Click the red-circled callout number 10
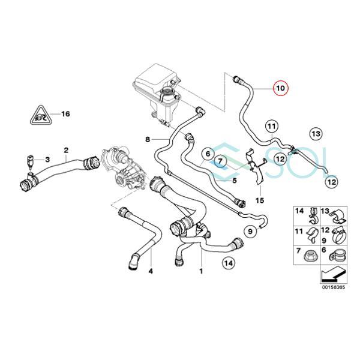tap(281, 88)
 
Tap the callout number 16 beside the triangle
tap(65, 114)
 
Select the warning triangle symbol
tap(41, 115)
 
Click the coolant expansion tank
tap(157, 92)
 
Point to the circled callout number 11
tap(272, 126)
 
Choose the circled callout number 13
tap(316, 134)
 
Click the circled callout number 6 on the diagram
tap(208, 154)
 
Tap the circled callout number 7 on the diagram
tap(220, 161)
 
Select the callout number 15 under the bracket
tap(260, 200)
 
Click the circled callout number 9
tap(250, 232)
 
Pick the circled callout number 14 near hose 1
tap(229, 263)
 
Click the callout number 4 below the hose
tap(151, 271)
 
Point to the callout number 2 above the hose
tap(66, 151)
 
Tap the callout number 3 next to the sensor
tap(47, 160)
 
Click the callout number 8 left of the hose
tap(148, 139)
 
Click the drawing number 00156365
tap(334, 287)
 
